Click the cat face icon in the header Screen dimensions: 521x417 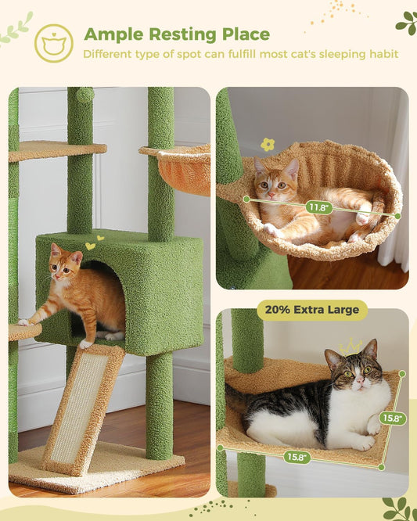tap(54, 42)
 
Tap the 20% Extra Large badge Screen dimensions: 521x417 tap(312, 309)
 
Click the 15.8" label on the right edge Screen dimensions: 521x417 tap(393, 418)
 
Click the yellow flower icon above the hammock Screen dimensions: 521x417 tap(268, 145)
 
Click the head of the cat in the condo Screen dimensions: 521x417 tap(66, 264)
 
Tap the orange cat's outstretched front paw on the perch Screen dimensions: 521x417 tap(24, 322)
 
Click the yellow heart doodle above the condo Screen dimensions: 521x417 tap(90, 246)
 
